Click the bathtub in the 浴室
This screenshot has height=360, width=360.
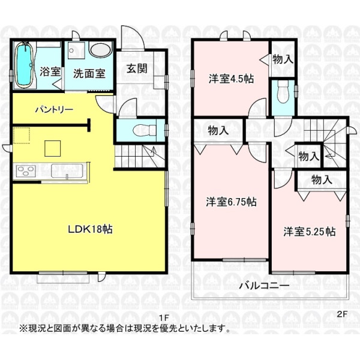(24, 65)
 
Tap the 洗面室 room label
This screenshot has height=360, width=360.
(89, 73)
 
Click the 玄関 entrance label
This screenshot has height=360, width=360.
(137, 68)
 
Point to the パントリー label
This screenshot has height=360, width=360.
(54, 110)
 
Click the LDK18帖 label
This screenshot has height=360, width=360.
(90, 229)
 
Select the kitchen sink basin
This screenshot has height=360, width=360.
(67, 171)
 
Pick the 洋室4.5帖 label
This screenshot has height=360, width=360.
(231, 79)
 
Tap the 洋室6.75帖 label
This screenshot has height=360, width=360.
(231, 202)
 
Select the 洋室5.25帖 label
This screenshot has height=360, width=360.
(310, 232)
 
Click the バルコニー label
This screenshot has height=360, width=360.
(264, 286)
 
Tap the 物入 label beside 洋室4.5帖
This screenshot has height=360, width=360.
(283, 59)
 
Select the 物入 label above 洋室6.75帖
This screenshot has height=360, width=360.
(218, 131)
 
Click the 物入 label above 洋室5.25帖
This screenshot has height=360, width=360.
(322, 179)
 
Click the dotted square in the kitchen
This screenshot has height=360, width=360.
(22, 135)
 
